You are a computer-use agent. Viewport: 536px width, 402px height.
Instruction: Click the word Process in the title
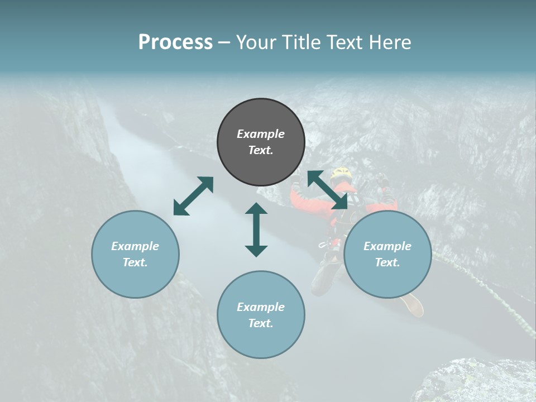pyautogui.click(x=175, y=42)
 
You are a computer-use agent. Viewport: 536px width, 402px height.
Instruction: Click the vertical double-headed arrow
pyautogui.click(x=256, y=229)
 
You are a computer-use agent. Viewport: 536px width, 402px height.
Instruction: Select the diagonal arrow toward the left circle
pyautogui.click(x=193, y=196)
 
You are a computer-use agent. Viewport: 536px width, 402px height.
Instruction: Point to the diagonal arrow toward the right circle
pyautogui.click(x=327, y=190)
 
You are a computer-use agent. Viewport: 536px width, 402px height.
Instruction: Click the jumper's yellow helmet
pyautogui.click(x=340, y=173)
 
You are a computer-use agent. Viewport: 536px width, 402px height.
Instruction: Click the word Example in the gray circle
pyautogui.click(x=261, y=134)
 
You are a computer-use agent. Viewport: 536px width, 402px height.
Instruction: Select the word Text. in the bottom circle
pyautogui.click(x=261, y=323)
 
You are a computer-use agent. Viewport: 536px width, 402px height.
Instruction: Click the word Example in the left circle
pyautogui.click(x=135, y=246)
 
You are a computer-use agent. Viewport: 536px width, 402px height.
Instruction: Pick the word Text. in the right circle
pyautogui.click(x=387, y=262)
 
